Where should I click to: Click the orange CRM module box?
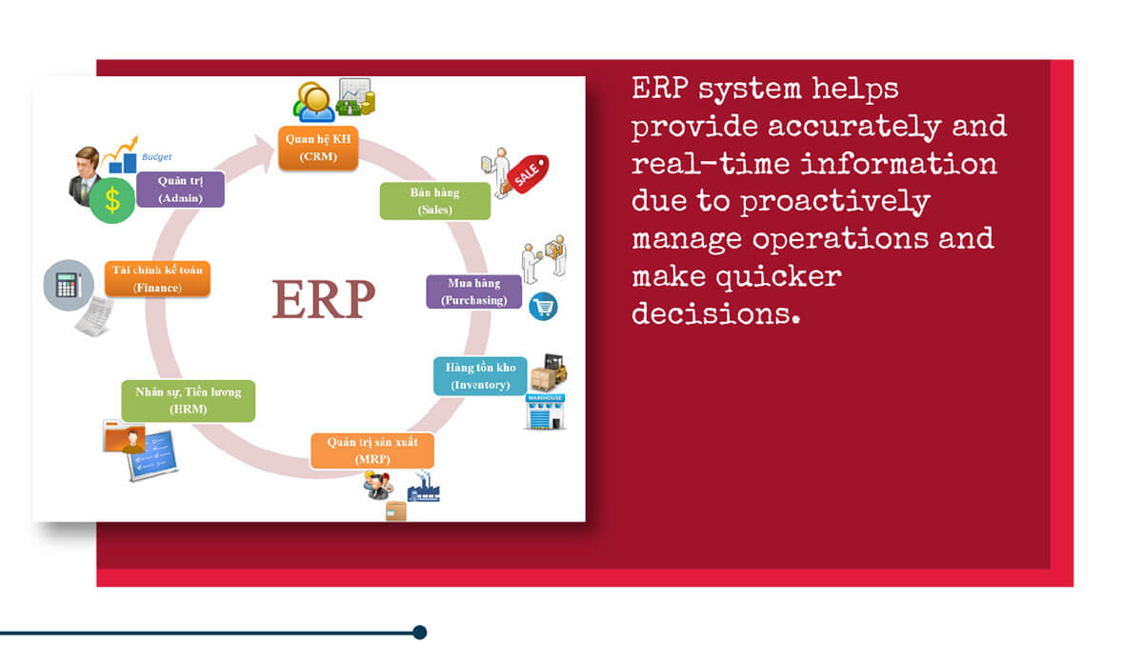[318, 148]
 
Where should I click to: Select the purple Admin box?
[180, 190]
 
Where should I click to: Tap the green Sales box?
[435, 201]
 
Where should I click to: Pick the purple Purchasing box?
[474, 292]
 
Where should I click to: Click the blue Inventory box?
[480, 376]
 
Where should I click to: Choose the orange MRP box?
[372, 451]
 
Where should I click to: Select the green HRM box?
[189, 401]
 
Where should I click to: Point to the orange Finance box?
[157, 278]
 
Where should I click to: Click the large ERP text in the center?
[324, 299]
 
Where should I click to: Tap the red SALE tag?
[528, 173]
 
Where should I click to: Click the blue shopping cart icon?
[543, 306]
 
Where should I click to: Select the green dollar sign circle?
[112, 200]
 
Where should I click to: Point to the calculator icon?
[69, 285]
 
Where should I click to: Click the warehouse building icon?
[545, 412]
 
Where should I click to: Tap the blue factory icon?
[423, 488]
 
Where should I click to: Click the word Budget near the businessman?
[156, 157]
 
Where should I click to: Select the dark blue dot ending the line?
[419, 633]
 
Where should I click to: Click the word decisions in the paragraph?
[716, 313]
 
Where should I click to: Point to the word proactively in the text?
[835, 203]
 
